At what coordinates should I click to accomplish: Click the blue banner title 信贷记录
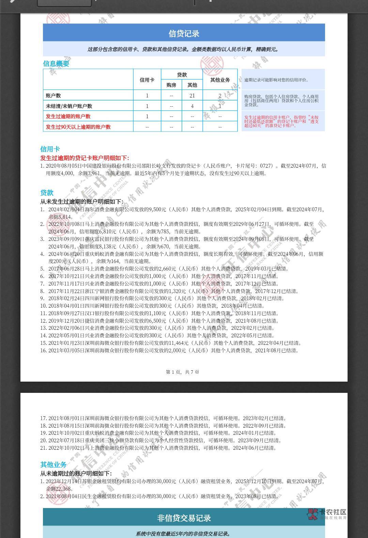pyautogui.click(x=184, y=33)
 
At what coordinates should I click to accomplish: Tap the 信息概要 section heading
pyautogui.click(x=56, y=63)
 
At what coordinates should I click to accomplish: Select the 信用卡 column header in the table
pyautogui.click(x=147, y=80)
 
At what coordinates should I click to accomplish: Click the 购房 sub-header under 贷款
pyautogui.click(x=171, y=85)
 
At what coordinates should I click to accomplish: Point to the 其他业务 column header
pyautogui.click(x=220, y=80)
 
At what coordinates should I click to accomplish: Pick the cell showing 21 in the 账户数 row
pyautogui.click(x=192, y=96)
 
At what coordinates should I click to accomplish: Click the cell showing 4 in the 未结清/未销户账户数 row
pyautogui.click(x=192, y=106)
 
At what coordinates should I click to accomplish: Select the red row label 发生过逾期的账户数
pyautogui.click(x=68, y=116)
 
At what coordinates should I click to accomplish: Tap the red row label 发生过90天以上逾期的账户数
pyautogui.click(x=78, y=127)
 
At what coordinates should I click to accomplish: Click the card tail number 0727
pyautogui.click(x=266, y=166)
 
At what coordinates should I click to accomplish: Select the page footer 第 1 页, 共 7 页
pyautogui.click(x=182, y=372)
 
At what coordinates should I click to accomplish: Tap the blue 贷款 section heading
pyautogui.click(x=47, y=193)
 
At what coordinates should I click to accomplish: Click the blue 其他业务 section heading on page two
pyautogui.click(x=53, y=464)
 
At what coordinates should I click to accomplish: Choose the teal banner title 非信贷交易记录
pyautogui.click(x=184, y=518)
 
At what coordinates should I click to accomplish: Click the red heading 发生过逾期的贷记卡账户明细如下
pyautogui.click(x=85, y=158)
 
